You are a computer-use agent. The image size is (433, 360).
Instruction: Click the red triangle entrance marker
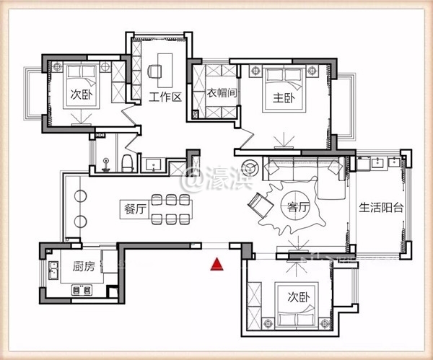pos(216,264)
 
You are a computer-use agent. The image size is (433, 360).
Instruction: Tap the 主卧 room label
pos(284,98)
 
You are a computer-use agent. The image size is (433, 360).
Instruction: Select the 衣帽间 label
pos(222,93)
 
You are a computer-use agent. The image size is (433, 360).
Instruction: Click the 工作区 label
pos(165,97)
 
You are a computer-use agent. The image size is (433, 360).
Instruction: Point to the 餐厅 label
pos(134,209)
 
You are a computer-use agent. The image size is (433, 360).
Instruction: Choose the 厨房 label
pos(84,266)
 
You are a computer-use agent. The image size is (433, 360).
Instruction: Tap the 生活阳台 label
pos(381,208)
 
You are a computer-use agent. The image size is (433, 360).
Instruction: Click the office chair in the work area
pos(154,71)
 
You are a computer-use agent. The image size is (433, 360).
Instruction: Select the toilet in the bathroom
pos(128,164)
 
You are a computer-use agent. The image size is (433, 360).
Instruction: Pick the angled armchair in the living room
pos(261,205)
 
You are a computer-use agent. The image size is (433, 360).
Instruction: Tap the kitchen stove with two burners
pos(82,290)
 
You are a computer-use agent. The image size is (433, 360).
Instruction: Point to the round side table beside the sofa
pos(250,167)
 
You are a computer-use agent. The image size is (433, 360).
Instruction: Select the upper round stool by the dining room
pos(80,196)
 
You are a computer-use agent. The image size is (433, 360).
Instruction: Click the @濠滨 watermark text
pos(217,179)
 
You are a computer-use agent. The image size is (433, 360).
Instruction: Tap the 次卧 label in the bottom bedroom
pos(299,297)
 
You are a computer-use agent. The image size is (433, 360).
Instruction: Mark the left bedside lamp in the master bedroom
pos(255,71)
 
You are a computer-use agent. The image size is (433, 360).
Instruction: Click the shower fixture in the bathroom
pos(106,164)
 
